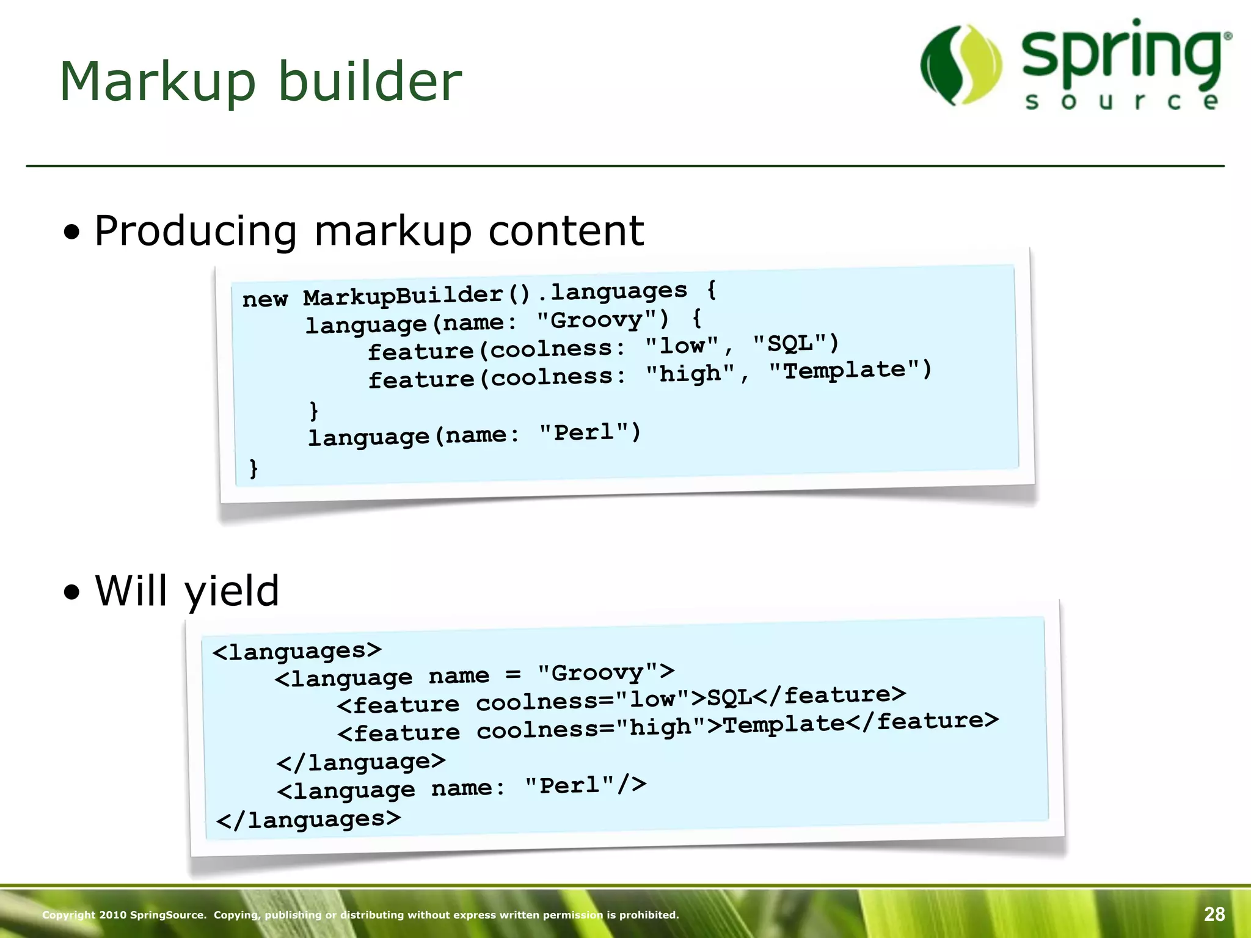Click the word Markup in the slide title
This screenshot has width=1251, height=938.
(158, 82)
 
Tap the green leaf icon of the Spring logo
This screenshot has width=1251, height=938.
(961, 65)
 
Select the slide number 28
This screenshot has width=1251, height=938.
(1214, 914)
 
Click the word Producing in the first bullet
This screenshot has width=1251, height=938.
(195, 231)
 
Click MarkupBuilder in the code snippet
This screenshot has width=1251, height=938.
(403, 296)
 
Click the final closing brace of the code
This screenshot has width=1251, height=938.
(253, 468)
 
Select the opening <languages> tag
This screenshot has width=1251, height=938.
(297, 651)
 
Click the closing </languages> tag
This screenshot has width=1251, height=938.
(308, 820)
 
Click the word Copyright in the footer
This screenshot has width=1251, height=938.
(68, 915)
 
